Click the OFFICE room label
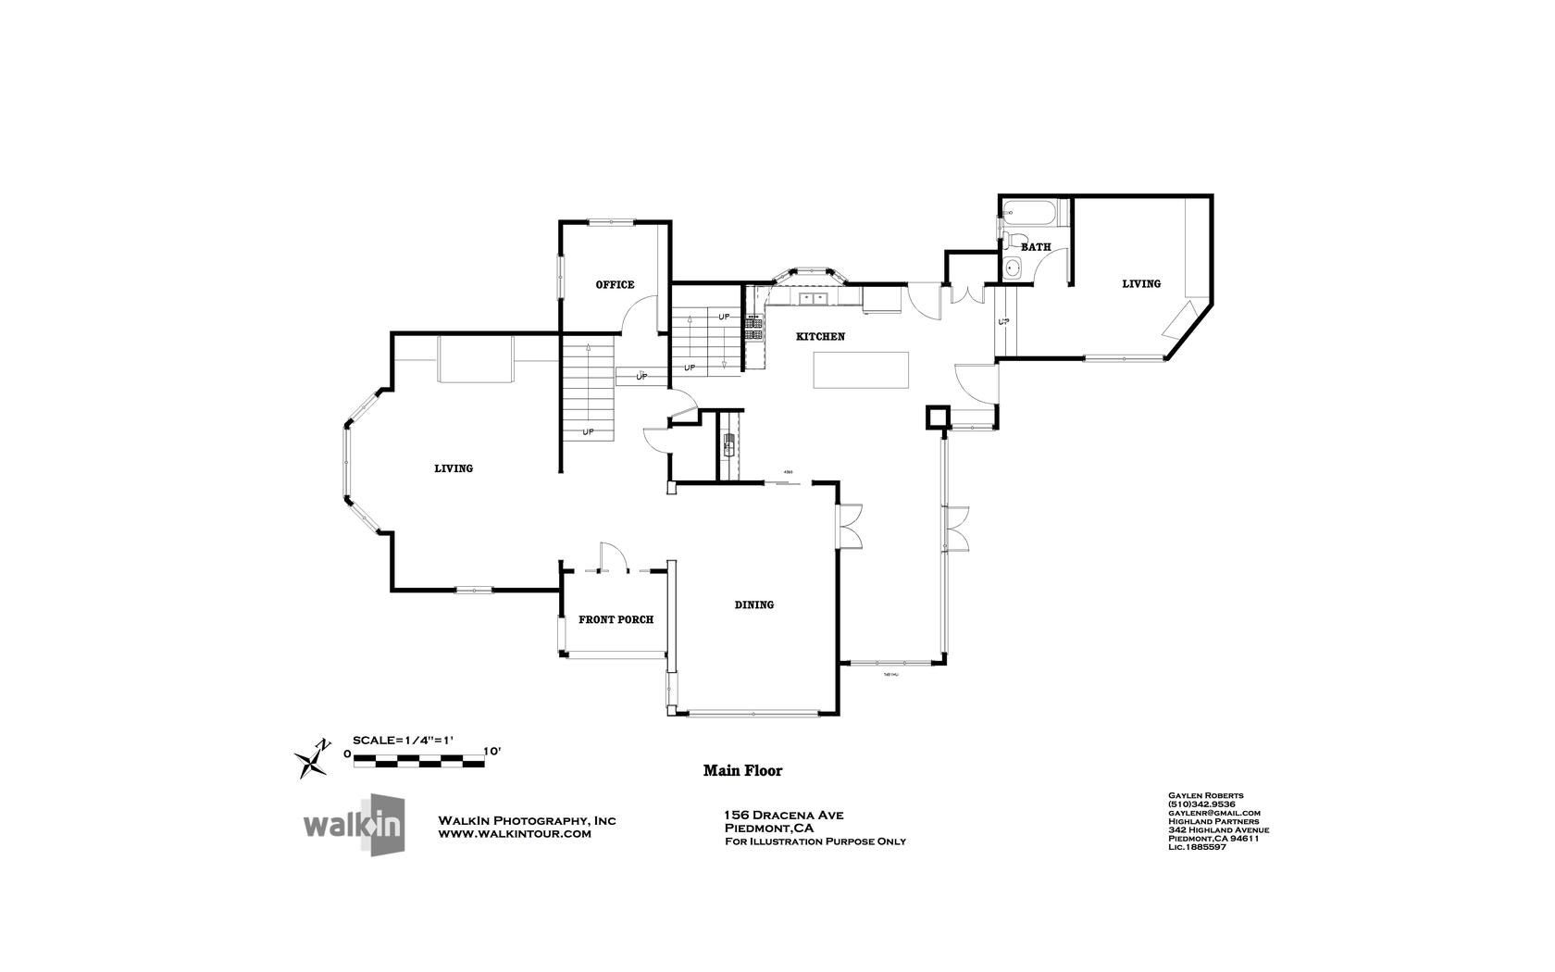tap(615, 284)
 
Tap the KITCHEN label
tap(820, 337)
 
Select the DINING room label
tap(754, 605)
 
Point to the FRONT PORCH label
tap(616, 619)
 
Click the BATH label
tap(1036, 247)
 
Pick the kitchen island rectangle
tap(861, 369)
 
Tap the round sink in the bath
tap(1014, 268)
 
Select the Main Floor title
tap(742, 770)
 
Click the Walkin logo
tap(355, 824)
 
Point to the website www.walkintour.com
tap(514, 834)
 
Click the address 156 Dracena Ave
tap(783, 816)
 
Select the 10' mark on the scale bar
tap(491, 752)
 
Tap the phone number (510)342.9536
tap(1202, 804)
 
